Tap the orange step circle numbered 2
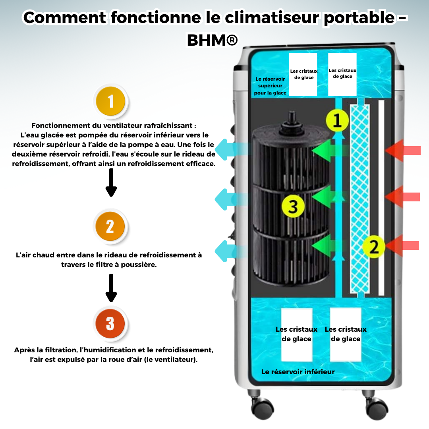click(110, 226)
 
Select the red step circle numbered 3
click(110, 324)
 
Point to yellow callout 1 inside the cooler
click(337, 121)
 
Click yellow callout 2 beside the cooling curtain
click(374, 247)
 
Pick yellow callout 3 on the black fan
click(293, 206)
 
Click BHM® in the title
click(213, 40)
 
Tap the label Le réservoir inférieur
click(298, 372)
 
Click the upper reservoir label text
click(270, 86)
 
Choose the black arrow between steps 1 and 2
click(111, 183)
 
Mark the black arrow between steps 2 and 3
click(111, 288)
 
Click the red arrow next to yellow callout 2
click(403, 245)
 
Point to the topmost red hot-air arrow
click(403, 150)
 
